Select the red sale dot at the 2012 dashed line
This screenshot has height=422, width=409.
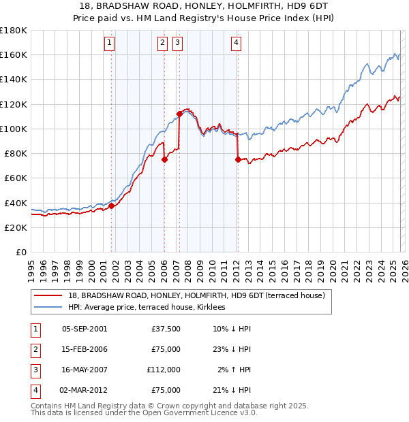click(238, 160)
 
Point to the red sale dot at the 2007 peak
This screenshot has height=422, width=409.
click(179, 114)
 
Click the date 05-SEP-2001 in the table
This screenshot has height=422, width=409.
click(84, 329)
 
